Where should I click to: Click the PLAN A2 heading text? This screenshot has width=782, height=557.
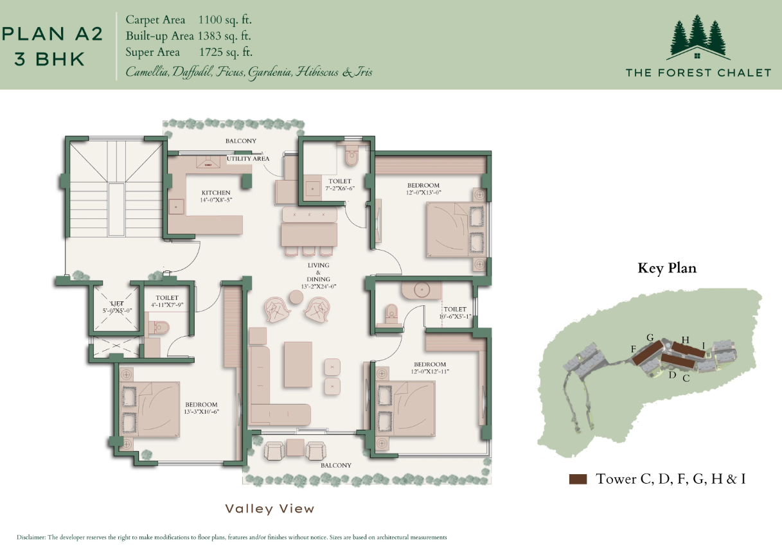(53, 34)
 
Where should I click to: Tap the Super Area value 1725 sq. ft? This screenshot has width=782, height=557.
(225, 52)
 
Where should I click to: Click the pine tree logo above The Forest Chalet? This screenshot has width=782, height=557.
(697, 37)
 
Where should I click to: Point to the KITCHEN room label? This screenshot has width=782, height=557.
(215, 193)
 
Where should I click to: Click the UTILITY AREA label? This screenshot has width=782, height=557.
(247, 159)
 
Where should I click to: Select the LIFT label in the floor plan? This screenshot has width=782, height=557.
(116, 303)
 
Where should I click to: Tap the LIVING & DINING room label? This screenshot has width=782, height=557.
(318, 272)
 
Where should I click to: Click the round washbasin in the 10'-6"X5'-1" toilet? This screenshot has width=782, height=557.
(422, 290)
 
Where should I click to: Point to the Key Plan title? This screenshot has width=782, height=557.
(666, 268)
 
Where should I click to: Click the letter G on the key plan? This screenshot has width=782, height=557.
(650, 337)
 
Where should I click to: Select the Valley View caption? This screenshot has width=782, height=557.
(270, 509)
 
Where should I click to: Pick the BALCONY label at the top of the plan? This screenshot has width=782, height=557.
(241, 141)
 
